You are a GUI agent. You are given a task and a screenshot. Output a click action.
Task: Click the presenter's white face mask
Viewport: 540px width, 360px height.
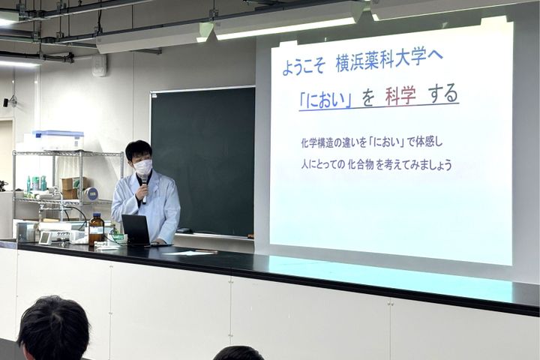pos(142,167)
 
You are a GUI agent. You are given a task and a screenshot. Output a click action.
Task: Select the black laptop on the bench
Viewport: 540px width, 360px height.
pos(136,229)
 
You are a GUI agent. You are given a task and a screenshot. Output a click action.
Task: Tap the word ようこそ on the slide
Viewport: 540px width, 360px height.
pos(304,67)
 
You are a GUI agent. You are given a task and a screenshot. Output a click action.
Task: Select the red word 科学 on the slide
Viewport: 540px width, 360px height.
pos(400,96)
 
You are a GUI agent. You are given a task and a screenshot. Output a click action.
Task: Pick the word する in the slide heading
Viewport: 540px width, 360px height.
pos(443,94)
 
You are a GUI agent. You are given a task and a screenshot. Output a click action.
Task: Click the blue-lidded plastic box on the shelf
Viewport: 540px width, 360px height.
pos(58,139)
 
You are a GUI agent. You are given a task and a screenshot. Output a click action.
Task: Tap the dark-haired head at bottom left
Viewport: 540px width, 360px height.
pos(53,330)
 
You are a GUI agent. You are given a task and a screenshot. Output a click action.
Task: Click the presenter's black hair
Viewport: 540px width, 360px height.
pos(139,148)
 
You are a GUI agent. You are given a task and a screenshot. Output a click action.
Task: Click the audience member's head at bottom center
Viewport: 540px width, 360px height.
pos(238,353)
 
